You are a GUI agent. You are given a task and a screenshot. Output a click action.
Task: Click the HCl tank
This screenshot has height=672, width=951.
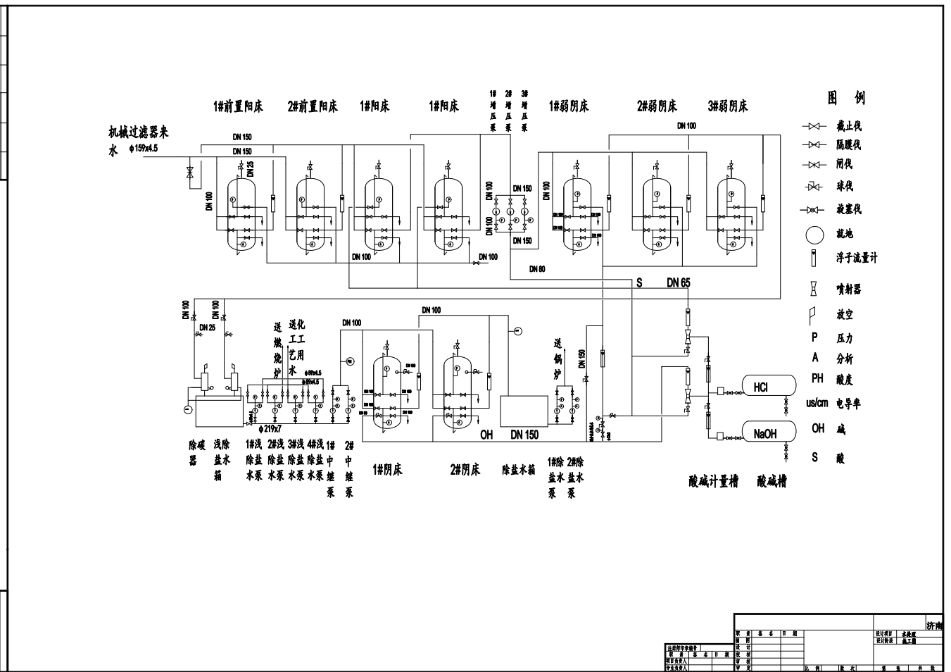(x=769, y=385)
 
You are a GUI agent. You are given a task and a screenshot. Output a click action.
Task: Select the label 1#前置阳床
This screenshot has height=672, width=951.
(x=238, y=106)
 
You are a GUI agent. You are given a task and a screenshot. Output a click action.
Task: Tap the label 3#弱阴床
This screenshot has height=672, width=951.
(x=727, y=106)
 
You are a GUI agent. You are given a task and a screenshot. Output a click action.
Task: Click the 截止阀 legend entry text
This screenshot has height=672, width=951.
(x=848, y=126)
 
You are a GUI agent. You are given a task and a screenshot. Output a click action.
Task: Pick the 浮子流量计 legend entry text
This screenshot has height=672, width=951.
(x=857, y=259)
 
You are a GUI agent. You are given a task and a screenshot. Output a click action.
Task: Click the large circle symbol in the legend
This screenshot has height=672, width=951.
(x=814, y=235)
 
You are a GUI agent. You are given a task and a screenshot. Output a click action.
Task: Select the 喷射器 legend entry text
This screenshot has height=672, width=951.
(x=848, y=290)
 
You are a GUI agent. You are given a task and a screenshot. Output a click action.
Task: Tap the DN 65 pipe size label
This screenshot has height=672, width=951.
(x=679, y=283)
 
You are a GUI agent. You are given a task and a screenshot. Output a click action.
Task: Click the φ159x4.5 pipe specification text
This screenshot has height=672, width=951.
(x=144, y=149)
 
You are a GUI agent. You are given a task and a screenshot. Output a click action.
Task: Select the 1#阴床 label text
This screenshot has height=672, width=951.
(x=387, y=470)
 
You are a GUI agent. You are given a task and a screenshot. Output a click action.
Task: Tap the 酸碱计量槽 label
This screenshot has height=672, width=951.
(x=714, y=482)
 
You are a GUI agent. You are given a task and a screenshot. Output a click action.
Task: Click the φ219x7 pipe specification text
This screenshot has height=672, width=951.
(x=270, y=428)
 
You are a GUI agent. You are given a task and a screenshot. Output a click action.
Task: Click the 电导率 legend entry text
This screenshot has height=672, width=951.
(x=848, y=404)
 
